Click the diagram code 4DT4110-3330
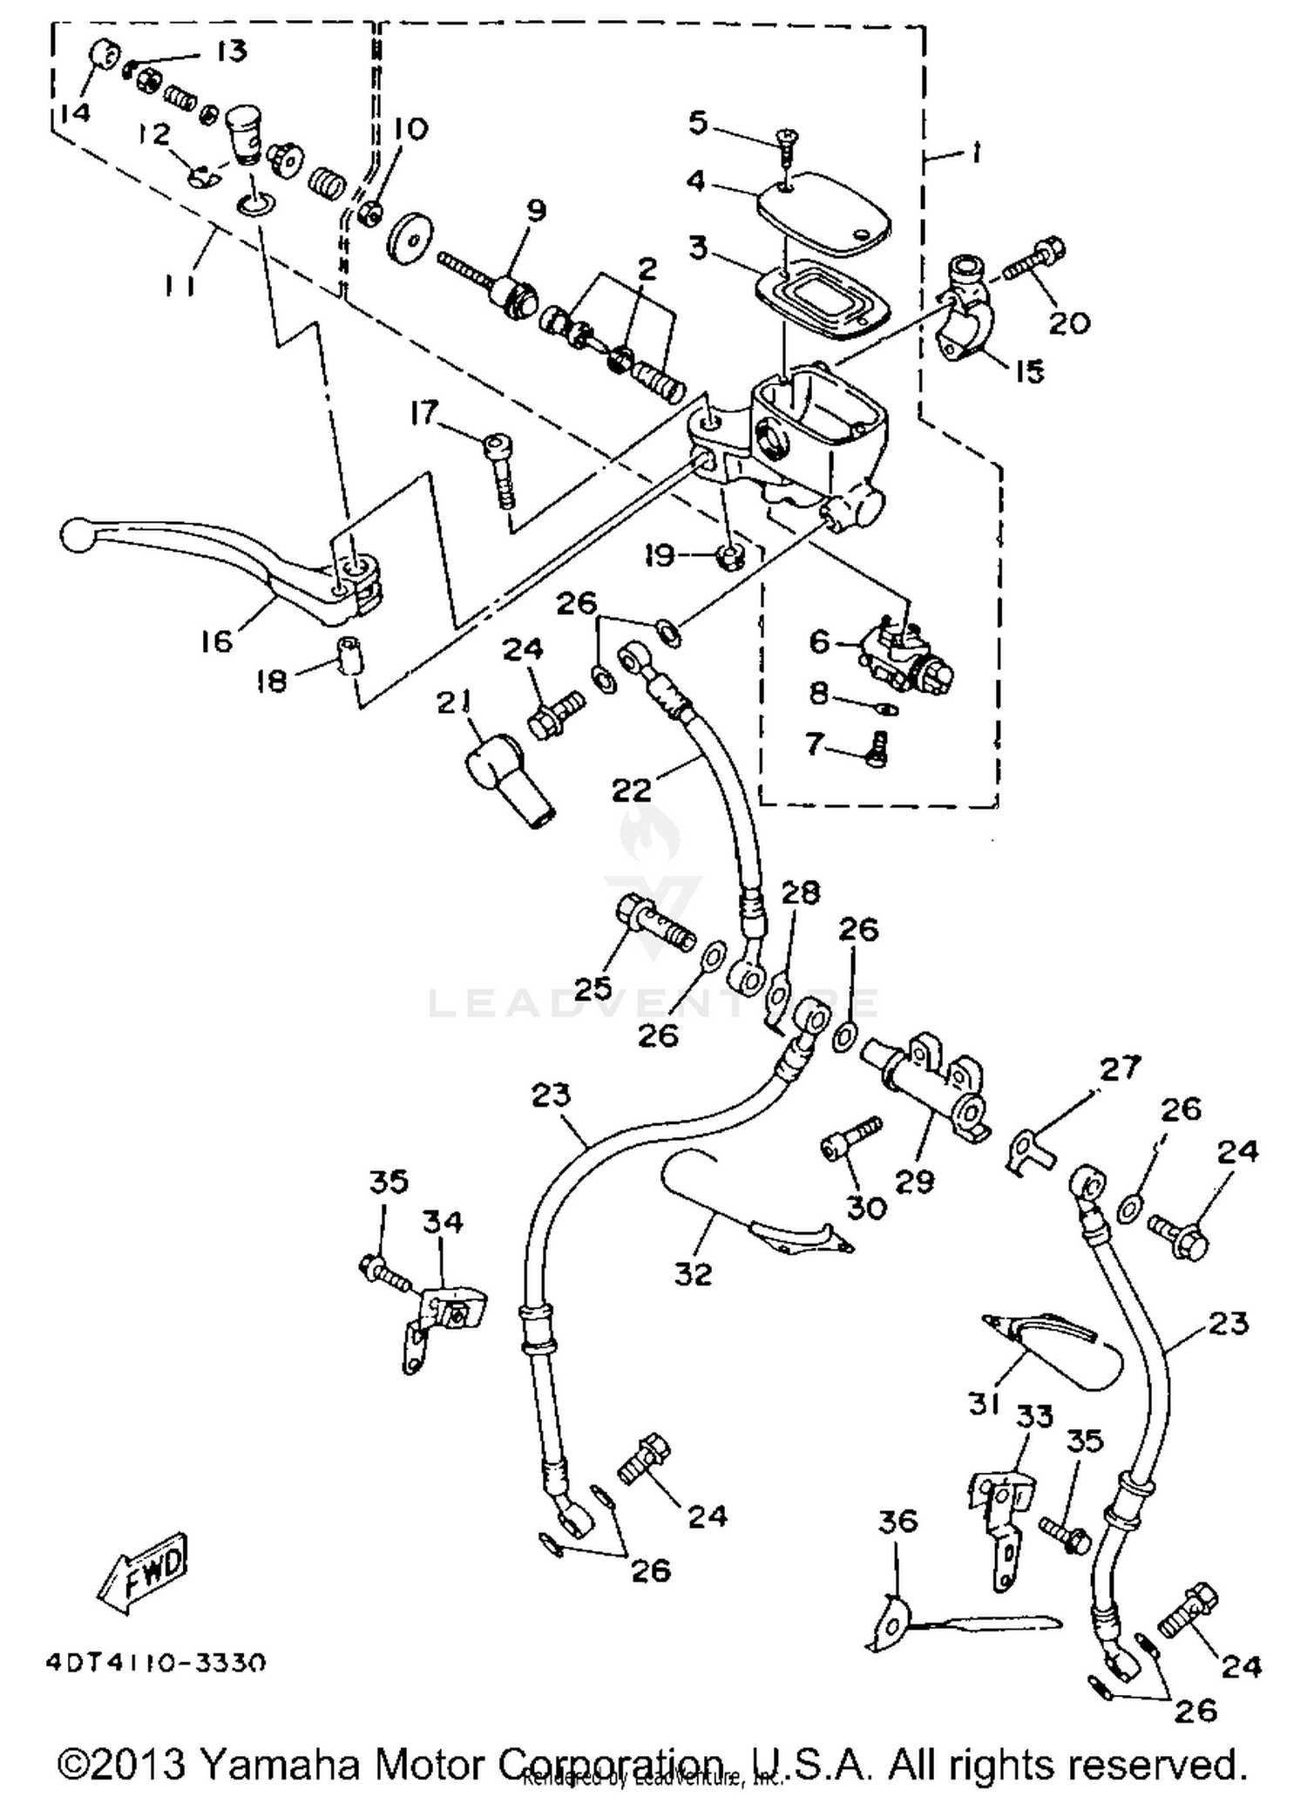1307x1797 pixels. click(x=155, y=1663)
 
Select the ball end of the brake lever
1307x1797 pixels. click(x=77, y=533)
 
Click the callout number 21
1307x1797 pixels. click(x=454, y=702)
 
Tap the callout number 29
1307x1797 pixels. click(x=914, y=1182)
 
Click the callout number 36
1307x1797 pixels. click(x=897, y=1521)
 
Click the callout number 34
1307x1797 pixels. click(x=443, y=1222)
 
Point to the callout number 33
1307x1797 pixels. click(x=1034, y=1417)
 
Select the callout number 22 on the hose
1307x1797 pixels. click(x=631, y=790)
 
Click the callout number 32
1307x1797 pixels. click(x=693, y=1274)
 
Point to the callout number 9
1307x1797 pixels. click(x=535, y=210)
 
